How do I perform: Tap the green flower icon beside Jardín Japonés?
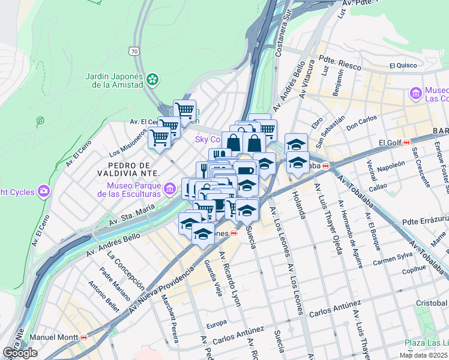point(153,79)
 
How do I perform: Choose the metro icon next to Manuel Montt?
point(83,338)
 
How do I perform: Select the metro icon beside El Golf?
point(407,143)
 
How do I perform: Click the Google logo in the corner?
point(20,353)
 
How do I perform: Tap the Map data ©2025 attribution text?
point(423,355)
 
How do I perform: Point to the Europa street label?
point(217,325)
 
